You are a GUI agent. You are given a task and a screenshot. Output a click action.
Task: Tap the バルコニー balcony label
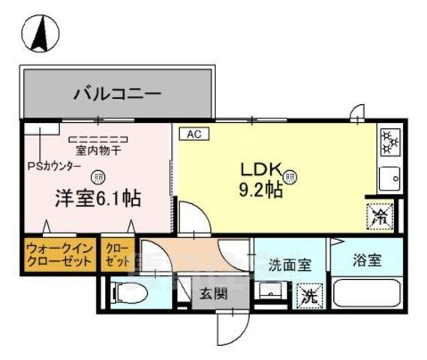pos(117,95)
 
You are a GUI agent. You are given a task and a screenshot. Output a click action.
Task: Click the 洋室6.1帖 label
pos(98,199)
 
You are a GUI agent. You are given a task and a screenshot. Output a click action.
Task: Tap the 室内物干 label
pos(98,150)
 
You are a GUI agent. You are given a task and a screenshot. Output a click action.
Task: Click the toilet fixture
pos(129,293)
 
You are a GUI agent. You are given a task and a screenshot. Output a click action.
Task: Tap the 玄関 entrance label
pos(213,294)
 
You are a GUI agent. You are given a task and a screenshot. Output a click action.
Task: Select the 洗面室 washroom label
pos(286,265)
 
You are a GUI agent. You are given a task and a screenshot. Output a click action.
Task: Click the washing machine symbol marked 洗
pos(308,295)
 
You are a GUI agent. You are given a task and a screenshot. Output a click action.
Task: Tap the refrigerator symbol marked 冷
pos(379,217)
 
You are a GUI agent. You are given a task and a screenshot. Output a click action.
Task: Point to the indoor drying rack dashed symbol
pos(98,139)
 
